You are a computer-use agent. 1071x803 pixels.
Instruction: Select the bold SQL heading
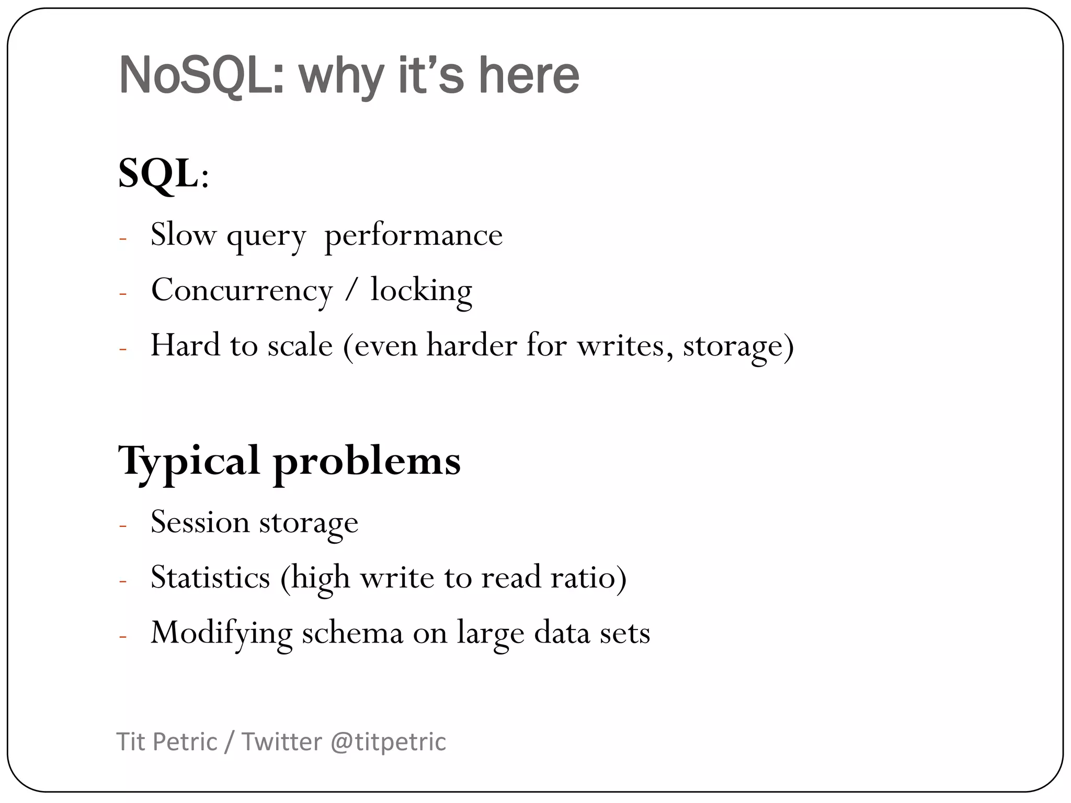[x=158, y=174]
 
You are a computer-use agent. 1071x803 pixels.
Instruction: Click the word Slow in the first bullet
[x=183, y=234]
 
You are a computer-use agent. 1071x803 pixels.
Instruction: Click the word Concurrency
[x=242, y=290]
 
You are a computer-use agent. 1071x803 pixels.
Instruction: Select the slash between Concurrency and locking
[x=351, y=291]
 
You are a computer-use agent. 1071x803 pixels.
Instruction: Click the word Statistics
[x=210, y=577]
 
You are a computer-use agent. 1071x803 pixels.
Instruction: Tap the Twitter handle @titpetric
[x=389, y=742]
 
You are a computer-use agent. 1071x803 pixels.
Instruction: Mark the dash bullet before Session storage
[x=123, y=525]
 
